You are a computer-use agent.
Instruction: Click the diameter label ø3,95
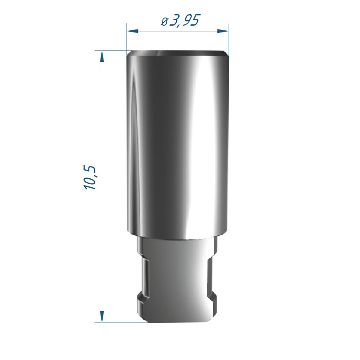click(180, 20)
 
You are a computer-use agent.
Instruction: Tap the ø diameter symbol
click(164, 21)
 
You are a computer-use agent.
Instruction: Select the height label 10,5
click(90, 177)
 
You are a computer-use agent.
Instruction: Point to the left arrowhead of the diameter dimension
click(133, 31)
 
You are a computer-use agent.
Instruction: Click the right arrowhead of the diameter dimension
click(223, 31)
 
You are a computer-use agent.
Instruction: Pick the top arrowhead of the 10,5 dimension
click(102, 56)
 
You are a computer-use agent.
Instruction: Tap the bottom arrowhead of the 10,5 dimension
click(102, 317)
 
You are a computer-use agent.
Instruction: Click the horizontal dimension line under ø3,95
click(178, 31)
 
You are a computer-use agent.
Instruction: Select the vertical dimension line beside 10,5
click(102, 186)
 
